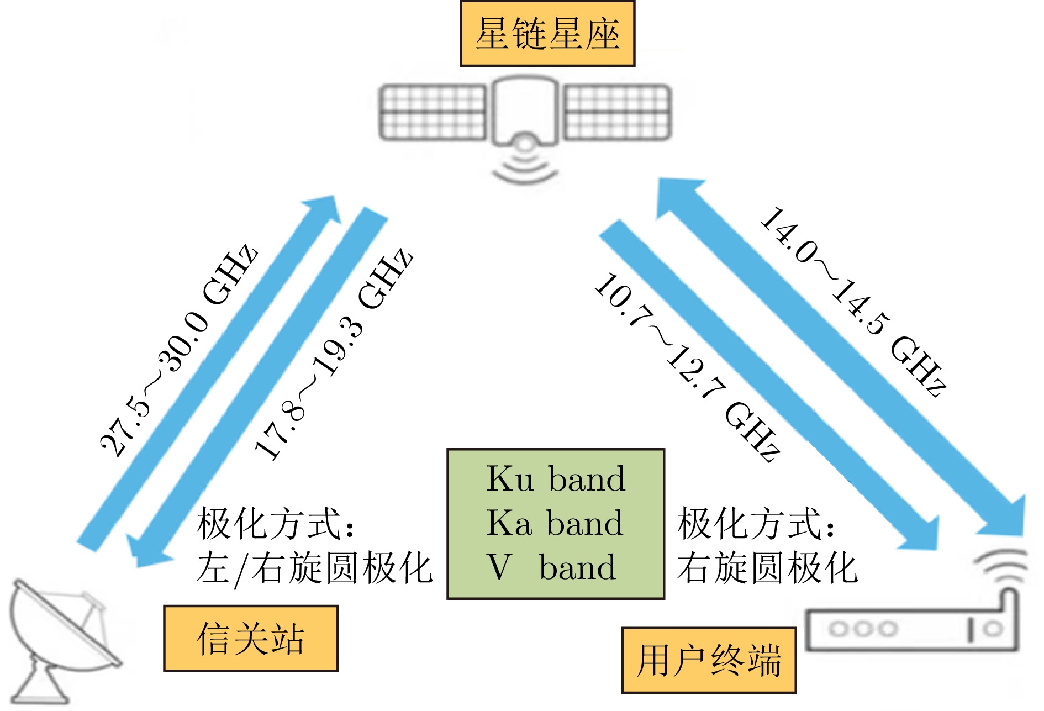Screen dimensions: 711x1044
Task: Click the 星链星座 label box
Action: point(547,34)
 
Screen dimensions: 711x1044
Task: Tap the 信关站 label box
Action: point(250,638)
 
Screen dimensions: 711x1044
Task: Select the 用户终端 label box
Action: point(709,660)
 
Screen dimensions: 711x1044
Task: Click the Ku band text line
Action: point(555,478)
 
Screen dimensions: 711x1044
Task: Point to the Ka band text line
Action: point(555,523)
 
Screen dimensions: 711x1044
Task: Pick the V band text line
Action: point(551,567)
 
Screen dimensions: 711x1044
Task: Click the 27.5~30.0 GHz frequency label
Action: point(178,350)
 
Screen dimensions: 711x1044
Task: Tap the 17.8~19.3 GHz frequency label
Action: point(333,354)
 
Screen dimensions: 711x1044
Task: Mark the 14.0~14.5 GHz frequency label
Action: point(854,301)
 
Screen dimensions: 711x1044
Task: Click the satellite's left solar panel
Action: point(433,112)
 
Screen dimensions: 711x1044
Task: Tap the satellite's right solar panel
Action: point(617,112)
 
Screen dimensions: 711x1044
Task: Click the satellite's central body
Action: point(525,110)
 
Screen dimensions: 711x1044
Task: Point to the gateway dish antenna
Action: point(61,635)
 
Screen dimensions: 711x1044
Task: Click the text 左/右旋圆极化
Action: point(314,568)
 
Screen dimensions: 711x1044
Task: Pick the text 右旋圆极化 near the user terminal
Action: point(767,568)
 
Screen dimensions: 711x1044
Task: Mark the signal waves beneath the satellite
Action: point(525,168)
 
